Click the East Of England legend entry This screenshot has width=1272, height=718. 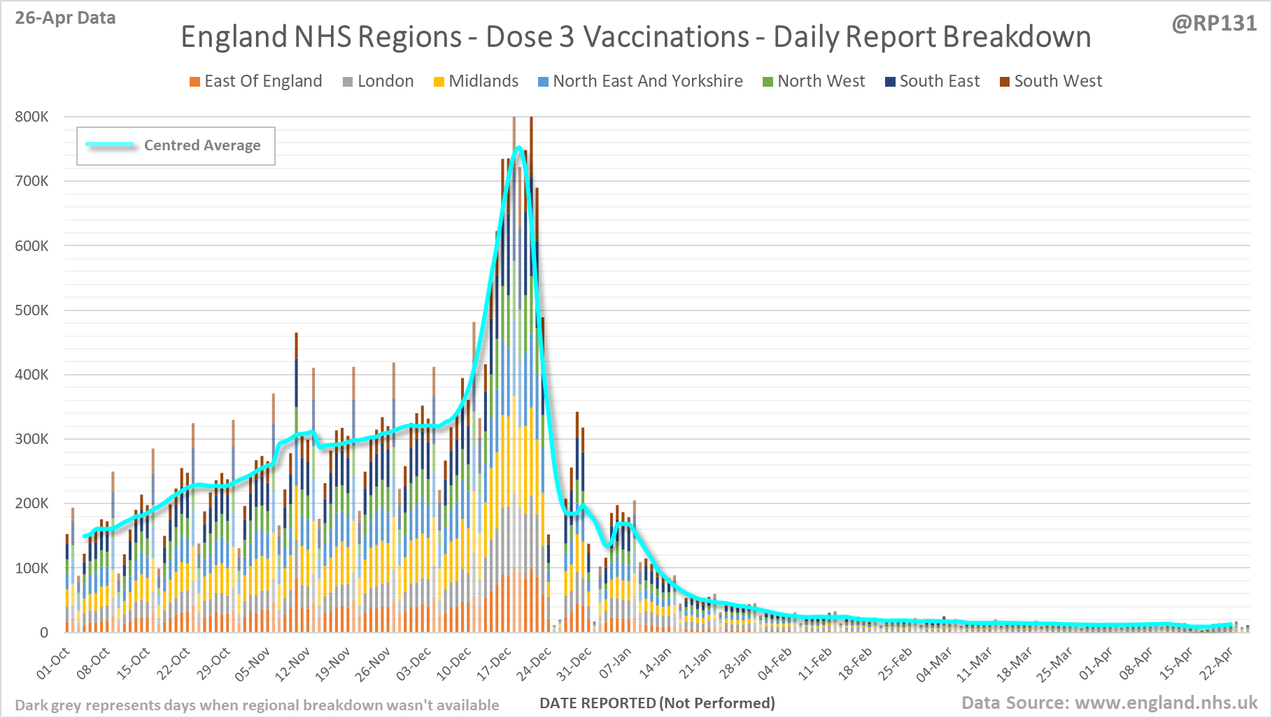pos(256,81)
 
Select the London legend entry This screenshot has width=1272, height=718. pos(379,81)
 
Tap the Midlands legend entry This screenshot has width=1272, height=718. pos(476,81)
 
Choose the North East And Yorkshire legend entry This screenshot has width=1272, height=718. pos(641,81)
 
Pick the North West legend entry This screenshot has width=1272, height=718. pos(814,81)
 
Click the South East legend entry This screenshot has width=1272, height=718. pos(933,81)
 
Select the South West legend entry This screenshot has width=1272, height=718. pos(1051,81)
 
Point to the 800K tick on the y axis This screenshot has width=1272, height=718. pos(31,117)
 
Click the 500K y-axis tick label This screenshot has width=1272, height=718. pos(31,310)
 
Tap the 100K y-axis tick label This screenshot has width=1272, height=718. pos(31,568)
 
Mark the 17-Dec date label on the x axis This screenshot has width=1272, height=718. pos(495,663)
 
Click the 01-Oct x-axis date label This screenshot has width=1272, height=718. pos(54,663)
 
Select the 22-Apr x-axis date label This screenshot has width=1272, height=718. pos(1217,663)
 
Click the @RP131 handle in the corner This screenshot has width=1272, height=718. pos(1214,24)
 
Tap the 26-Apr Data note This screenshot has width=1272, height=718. pos(65,18)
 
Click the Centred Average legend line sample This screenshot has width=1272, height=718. pos(111,145)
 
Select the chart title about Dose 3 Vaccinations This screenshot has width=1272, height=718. pos(635,37)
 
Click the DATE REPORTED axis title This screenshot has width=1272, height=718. pos(657,703)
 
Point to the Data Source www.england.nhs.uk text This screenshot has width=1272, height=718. pos(1109,703)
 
